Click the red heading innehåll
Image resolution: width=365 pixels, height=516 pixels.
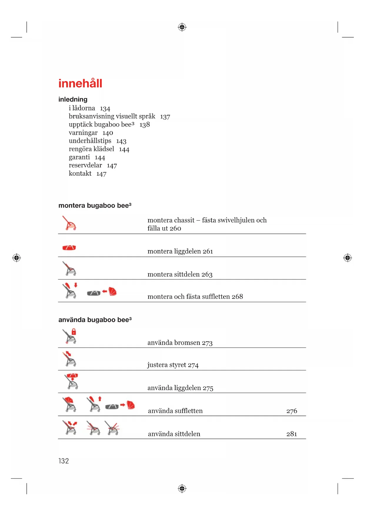pyautogui.click(x=80, y=84)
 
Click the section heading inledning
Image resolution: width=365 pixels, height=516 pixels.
pyautogui.click(x=73, y=99)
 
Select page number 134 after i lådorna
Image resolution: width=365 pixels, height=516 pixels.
pyautogui.click(x=105, y=109)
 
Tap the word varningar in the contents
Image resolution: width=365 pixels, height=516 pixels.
pyautogui.click(x=83, y=133)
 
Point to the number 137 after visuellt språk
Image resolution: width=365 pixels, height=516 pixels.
pyautogui.click(x=165, y=117)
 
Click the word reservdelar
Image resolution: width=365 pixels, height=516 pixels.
pyautogui.click(x=85, y=166)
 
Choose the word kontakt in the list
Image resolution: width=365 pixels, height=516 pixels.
pyautogui.click(x=80, y=174)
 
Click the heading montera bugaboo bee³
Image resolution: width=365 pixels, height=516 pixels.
pyautogui.click(x=95, y=206)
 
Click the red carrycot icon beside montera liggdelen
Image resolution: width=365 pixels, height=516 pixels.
pyautogui.click(x=69, y=248)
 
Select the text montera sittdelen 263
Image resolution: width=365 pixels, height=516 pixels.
pyautogui.click(x=180, y=274)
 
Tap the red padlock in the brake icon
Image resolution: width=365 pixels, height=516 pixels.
pyautogui.click(x=74, y=332)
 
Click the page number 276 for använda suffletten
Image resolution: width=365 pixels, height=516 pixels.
pyautogui.click(x=291, y=411)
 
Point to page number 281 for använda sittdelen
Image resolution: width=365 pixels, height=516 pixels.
pyautogui.click(x=291, y=434)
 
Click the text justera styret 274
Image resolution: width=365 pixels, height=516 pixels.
pyautogui.click(x=173, y=365)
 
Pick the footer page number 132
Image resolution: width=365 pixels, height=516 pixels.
pyautogui.click(x=64, y=461)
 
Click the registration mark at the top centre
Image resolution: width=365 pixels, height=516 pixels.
pyautogui.click(x=182, y=27)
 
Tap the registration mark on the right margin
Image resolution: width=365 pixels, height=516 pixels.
pyautogui.click(x=347, y=258)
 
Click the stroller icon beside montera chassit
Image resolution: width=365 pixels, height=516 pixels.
pyautogui.click(x=69, y=223)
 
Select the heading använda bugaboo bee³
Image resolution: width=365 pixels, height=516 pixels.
pyautogui.click(x=95, y=320)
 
